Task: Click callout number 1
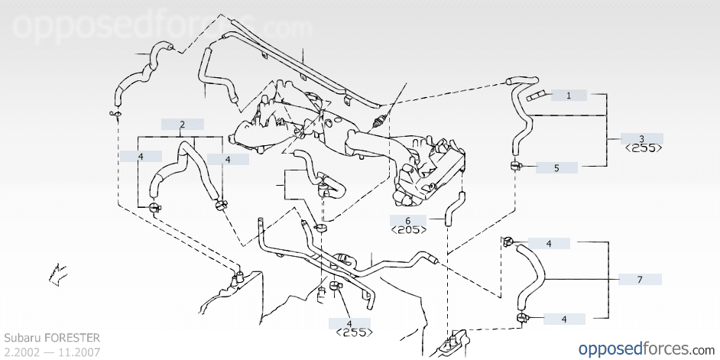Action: (x=569, y=96)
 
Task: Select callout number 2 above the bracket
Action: (x=182, y=124)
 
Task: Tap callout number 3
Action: (x=642, y=138)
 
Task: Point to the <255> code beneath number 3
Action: (x=642, y=149)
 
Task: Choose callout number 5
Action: (x=556, y=167)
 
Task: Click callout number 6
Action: (x=408, y=220)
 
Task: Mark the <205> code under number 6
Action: (x=408, y=229)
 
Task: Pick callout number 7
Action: (x=640, y=280)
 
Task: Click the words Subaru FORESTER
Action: (x=52, y=337)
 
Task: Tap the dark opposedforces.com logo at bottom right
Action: (x=644, y=349)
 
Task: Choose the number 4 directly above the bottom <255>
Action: (x=349, y=323)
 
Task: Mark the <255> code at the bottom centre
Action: (x=349, y=332)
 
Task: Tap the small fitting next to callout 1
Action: (x=536, y=96)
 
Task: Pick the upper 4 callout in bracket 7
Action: (x=549, y=244)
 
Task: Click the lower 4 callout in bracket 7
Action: (x=564, y=319)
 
